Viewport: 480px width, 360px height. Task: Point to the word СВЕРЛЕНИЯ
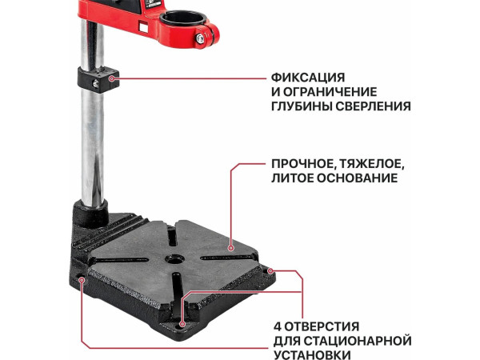(374, 106)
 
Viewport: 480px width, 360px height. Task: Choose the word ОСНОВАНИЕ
(358, 180)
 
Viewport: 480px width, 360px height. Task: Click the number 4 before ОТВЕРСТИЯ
(277, 326)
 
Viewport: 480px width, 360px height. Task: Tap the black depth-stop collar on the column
(98, 78)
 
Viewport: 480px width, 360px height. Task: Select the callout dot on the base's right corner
(272, 270)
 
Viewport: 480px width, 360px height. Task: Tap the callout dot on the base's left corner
(83, 279)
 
